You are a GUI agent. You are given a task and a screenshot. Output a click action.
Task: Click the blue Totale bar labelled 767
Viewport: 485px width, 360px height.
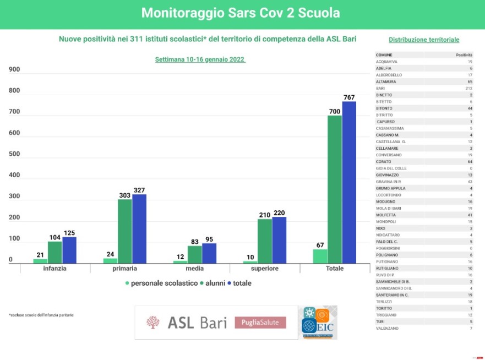(x=349, y=182)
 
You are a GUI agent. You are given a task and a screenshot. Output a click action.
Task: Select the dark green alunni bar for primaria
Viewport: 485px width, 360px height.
(x=125, y=231)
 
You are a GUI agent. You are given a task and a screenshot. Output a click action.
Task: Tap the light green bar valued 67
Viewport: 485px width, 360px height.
(x=320, y=256)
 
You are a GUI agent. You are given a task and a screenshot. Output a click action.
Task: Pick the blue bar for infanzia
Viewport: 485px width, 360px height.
(x=69, y=249)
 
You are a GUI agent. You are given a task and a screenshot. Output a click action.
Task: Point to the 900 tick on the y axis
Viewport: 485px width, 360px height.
(x=14, y=69)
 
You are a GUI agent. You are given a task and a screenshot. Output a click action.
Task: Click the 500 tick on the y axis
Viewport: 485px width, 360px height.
(x=14, y=154)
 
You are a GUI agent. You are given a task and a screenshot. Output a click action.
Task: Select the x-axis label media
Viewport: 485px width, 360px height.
(x=195, y=269)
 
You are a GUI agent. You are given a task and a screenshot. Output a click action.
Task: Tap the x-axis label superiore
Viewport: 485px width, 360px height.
(x=264, y=269)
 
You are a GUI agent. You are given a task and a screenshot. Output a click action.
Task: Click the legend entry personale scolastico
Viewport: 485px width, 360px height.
(x=163, y=283)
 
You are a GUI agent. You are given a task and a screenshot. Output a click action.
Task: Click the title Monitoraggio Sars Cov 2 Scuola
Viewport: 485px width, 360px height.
(x=241, y=13)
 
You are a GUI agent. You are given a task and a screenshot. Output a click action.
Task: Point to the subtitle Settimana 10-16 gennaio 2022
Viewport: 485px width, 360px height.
(x=200, y=59)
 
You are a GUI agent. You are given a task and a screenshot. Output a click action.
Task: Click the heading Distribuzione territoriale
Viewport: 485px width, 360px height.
(x=424, y=40)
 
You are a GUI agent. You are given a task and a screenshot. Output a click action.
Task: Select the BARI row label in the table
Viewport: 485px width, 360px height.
(x=380, y=88)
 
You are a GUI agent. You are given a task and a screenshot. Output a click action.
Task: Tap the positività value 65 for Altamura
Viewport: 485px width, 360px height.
(x=470, y=81)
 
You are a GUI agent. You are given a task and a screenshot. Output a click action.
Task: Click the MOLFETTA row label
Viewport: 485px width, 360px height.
(x=384, y=215)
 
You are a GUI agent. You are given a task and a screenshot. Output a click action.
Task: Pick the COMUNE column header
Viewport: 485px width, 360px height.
(x=384, y=55)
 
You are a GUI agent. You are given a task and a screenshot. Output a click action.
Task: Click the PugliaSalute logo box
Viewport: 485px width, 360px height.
(x=260, y=323)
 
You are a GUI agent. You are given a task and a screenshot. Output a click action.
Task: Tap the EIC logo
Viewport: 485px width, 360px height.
(x=319, y=323)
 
